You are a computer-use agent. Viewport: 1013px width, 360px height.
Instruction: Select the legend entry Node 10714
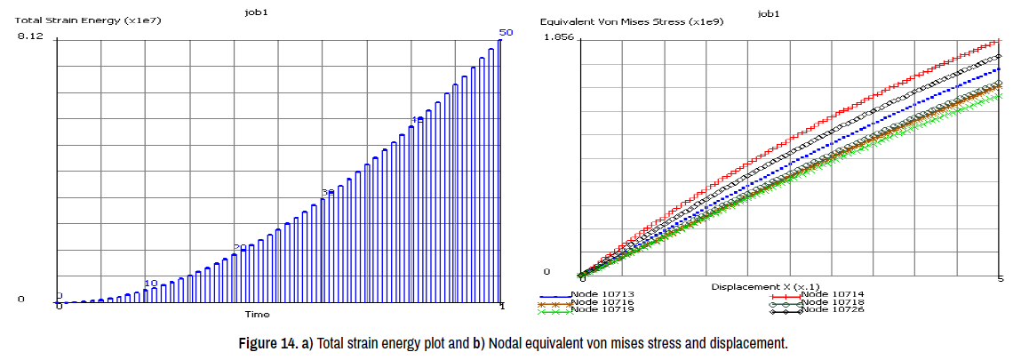pos(832,294)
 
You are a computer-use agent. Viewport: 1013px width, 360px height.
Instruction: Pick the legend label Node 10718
pos(832,302)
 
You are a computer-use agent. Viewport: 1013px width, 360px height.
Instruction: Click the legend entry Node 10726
pos(832,310)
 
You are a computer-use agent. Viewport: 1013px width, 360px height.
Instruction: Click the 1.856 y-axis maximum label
pos(558,36)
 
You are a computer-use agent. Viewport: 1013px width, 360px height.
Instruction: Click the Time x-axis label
pos(258,314)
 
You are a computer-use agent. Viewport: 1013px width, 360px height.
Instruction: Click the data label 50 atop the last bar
pos(506,33)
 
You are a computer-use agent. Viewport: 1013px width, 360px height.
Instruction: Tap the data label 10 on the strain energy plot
pos(151,283)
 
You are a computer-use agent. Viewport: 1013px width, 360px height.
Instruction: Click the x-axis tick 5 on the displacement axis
pos(1001,280)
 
